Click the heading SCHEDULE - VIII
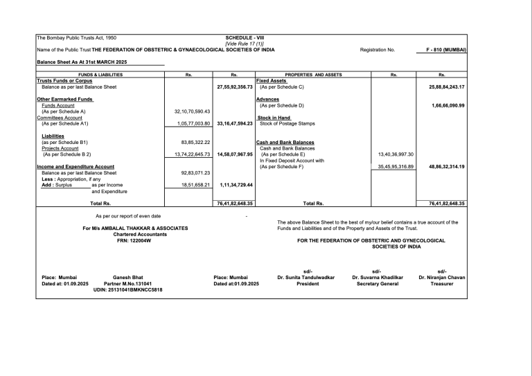[x=245, y=37]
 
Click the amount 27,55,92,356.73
[x=233, y=87]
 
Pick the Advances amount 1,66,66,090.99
[x=447, y=105]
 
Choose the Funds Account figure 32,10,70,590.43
[x=188, y=111]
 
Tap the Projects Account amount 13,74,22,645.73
[x=188, y=154]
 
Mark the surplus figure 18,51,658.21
[x=192, y=185]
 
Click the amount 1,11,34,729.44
[x=235, y=185]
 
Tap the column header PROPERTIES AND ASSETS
[x=314, y=74]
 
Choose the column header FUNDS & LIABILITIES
[x=100, y=74]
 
